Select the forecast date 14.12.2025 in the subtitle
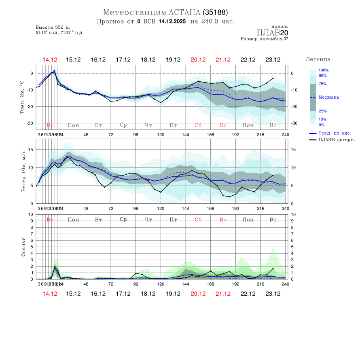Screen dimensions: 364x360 [172, 21]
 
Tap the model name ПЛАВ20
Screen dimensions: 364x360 [273, 32]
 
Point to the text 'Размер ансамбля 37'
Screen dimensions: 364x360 [265, 39]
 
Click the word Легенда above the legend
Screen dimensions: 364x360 [318, 59]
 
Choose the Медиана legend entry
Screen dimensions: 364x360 [329, 97]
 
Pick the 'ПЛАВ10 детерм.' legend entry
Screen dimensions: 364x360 [337, 140]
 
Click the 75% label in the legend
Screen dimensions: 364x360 [323, 84]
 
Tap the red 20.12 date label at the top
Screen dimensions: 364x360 [198, 59]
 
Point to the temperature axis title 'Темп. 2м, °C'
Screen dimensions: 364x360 [22, 97]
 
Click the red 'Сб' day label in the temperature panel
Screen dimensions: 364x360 [198, 125]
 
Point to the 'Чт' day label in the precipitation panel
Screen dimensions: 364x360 [148, 220]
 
